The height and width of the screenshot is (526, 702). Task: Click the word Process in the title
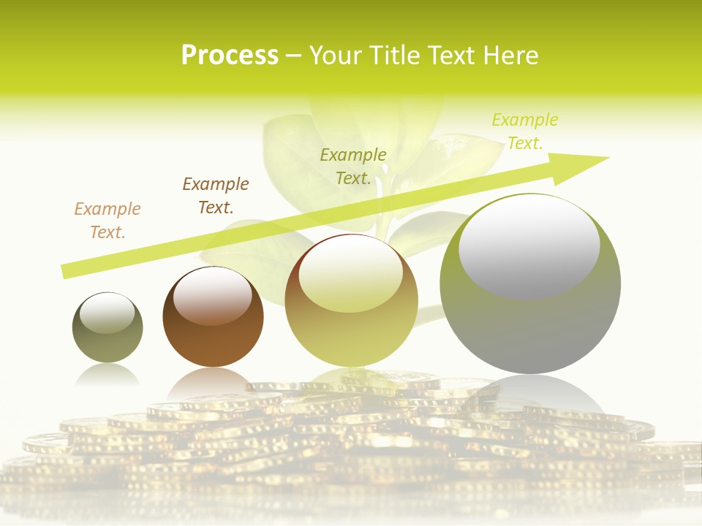tap(230, 56)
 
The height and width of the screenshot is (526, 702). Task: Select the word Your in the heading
tap(336, 56)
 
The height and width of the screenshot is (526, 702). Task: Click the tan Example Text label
tap(107, 221)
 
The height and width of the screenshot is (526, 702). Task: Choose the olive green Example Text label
tap(353, 167)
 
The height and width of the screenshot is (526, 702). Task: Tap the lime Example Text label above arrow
tap(525, 131)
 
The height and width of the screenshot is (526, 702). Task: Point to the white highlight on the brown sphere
tap(213, 296)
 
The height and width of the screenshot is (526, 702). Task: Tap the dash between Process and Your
tap(294, 56)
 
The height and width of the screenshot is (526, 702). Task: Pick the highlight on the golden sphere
tap(350, 274)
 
